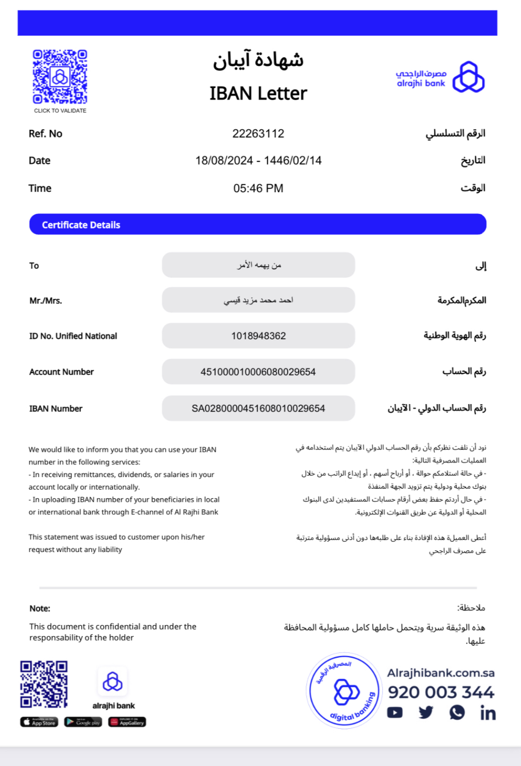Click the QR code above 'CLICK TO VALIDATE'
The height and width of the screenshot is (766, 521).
(60, 76)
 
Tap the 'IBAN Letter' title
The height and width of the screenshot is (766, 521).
(258, 94)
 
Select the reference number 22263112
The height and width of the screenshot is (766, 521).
(258, 134)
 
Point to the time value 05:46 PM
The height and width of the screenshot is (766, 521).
(258, 188)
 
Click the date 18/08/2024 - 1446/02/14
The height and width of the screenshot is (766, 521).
(258, 161)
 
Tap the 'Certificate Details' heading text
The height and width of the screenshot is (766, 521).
(81, 225)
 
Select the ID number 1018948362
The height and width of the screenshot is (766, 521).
(258, 336)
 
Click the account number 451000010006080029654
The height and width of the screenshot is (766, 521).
(258, 372)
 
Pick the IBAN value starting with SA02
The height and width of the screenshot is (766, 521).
(258, 409)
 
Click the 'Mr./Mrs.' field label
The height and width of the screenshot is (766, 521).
(46, 301)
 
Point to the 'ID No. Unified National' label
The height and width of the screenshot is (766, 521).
(73, 336)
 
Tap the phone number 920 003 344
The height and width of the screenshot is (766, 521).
(441, 693)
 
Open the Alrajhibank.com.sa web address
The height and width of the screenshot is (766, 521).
(440, 673)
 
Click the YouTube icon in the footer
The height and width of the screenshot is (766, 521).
(395, 713)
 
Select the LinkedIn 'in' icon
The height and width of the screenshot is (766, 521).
(488, 713)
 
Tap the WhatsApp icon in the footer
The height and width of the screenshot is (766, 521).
(457, 713)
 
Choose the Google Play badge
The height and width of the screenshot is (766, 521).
(83, 722)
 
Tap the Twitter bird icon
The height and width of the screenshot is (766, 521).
(426, 713)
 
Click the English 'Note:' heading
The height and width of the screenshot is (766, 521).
(40, 608)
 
